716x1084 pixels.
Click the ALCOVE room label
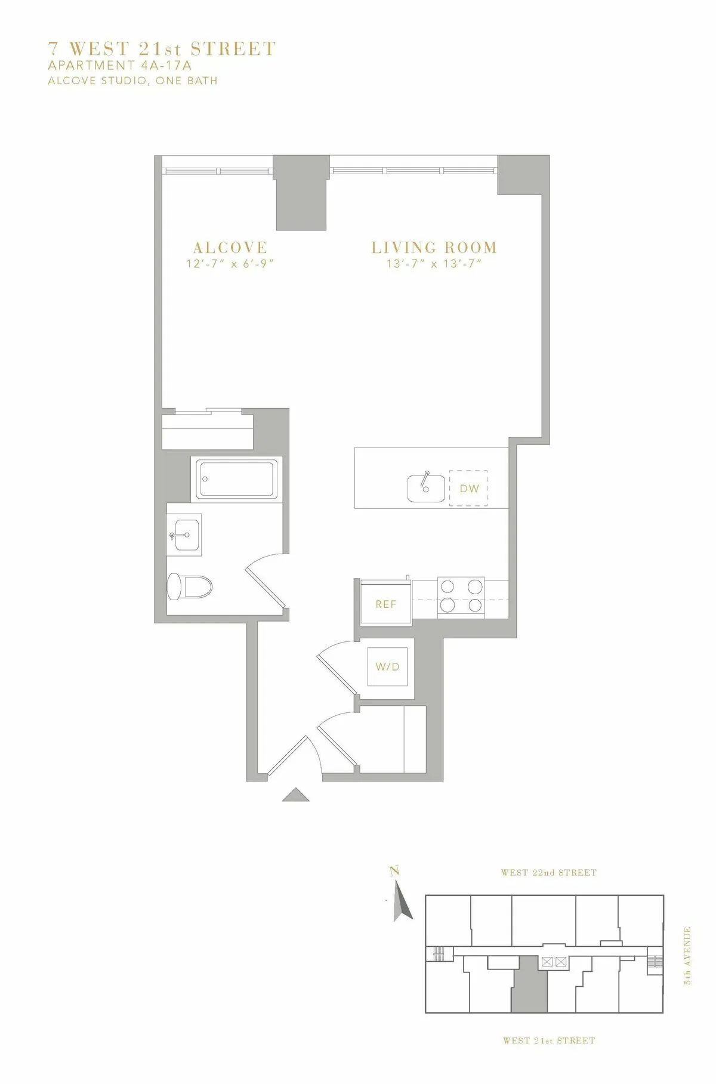pos(230,247)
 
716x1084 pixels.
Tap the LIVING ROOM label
pos(434,247)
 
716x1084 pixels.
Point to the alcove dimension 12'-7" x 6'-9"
pos(230,264)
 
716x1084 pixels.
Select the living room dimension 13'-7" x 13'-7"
pos(434,264)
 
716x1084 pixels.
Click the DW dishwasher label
pos(469,489)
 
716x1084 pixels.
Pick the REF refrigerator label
pos(386,604)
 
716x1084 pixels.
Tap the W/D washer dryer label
pos(387,666)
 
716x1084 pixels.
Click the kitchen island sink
pos(426,488)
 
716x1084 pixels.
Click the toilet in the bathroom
pos(190,586)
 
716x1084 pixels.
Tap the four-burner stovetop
pos(461,595)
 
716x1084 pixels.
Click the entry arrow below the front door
pos(295,795)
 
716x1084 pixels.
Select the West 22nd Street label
pos(549,872)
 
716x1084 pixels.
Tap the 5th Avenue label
pos(687,955)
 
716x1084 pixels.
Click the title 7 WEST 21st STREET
pos(162,49)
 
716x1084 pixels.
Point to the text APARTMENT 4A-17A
pos(120,66)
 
